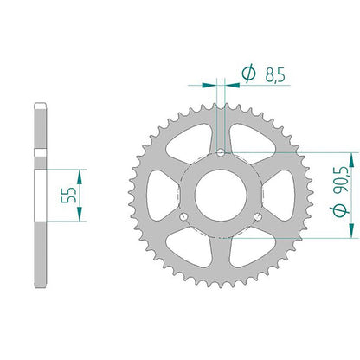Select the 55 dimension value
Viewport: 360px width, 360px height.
coord(69,196)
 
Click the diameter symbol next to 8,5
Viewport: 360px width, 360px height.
coord(248,73)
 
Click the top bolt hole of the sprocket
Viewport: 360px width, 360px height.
coord(221,151)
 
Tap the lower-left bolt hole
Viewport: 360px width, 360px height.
coord(183,216)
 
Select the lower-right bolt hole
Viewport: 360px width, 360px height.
coord(258,216)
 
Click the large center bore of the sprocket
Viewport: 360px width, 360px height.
coord(221,195)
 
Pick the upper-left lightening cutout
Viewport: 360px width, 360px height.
coord(189,141)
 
